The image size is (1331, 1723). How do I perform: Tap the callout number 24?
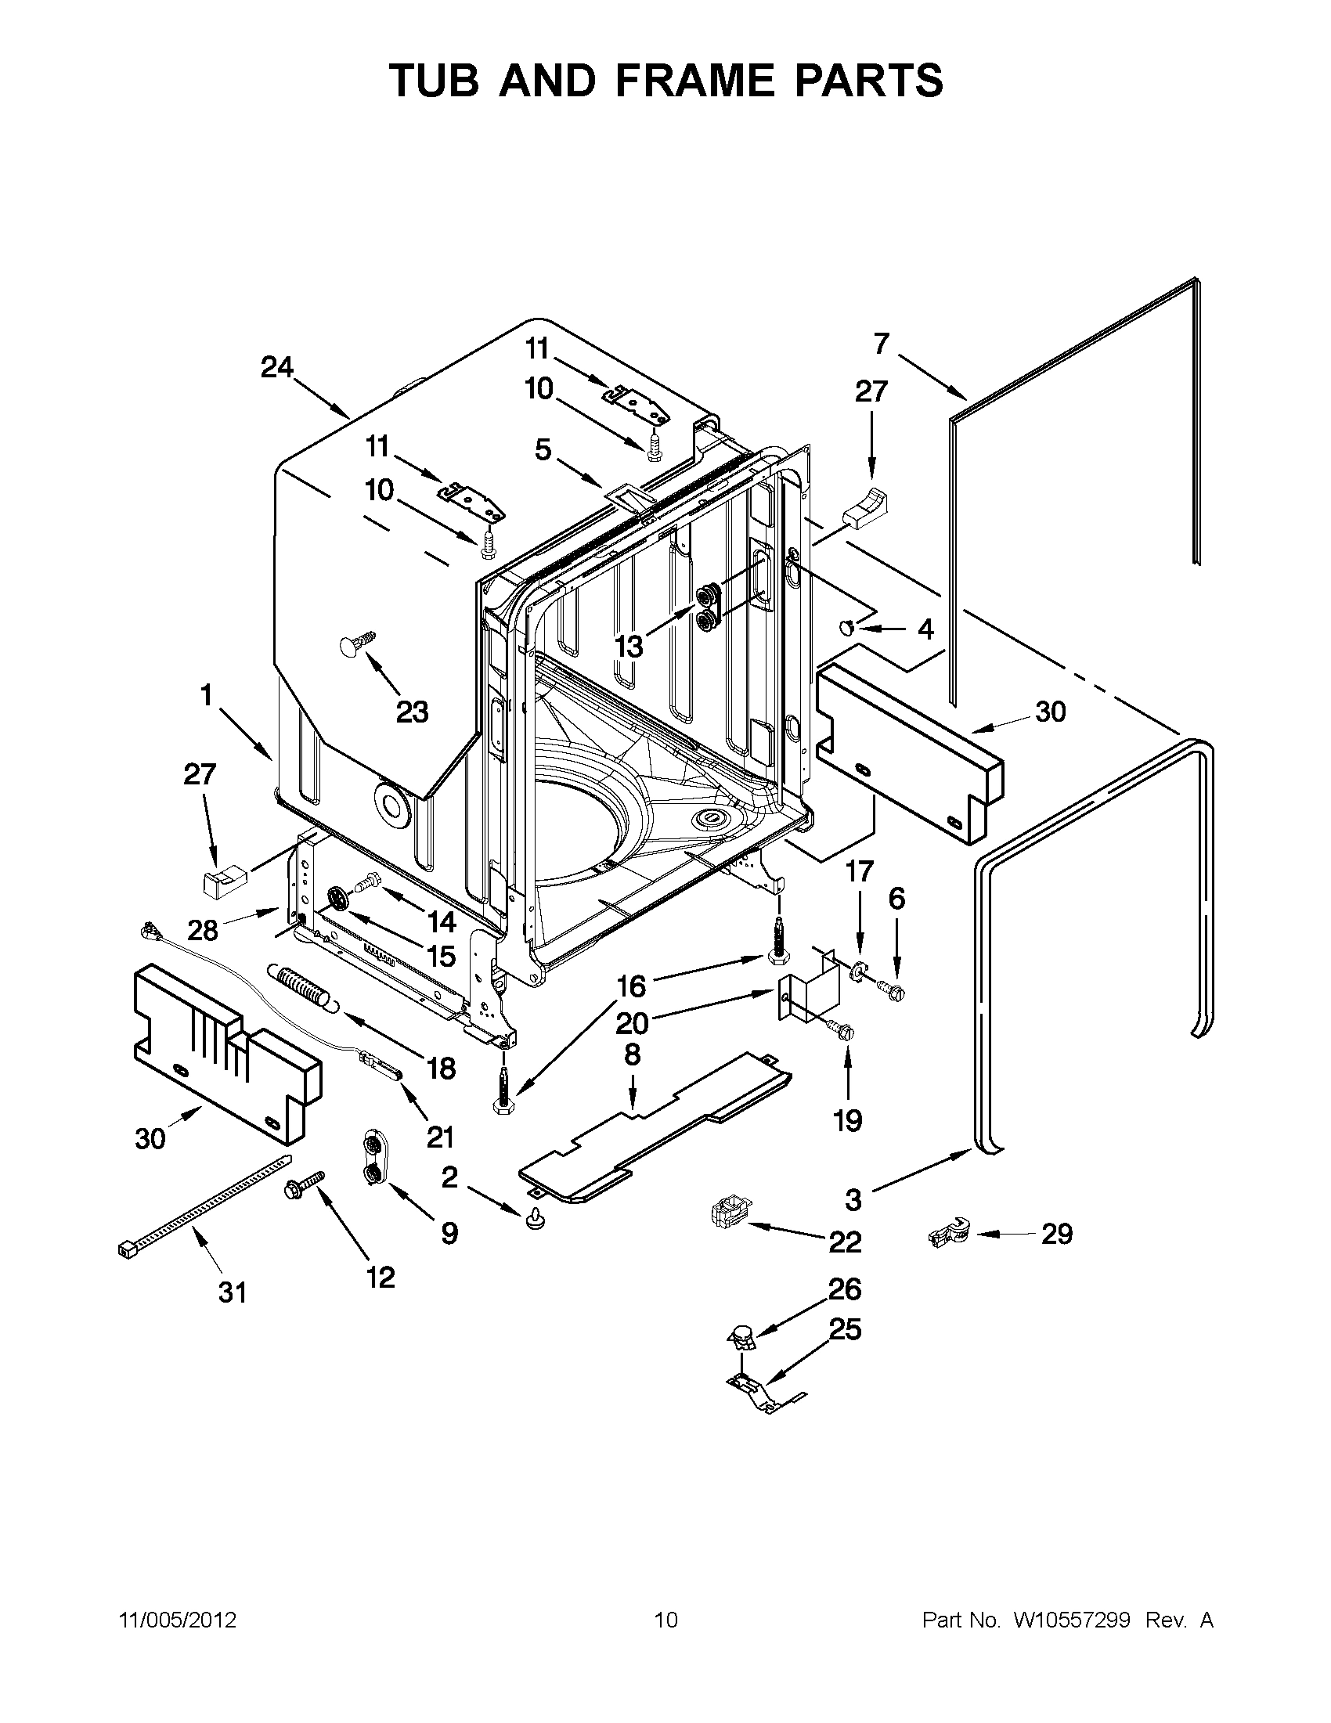pyautogui.click(x=277, y=367)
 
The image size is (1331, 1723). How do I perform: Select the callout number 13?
pyautogui.click(x=629, y=646)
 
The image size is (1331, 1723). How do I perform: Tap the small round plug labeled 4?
pyautogui.click(x=847, y=627)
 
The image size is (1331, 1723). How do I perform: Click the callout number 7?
pyautogui.click(x=882, y=344)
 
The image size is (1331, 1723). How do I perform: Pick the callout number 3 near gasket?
pyautogui.click(x=853, y=1200)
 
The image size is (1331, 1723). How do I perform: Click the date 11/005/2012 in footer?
pyautogui.click(x=178, y=1620)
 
